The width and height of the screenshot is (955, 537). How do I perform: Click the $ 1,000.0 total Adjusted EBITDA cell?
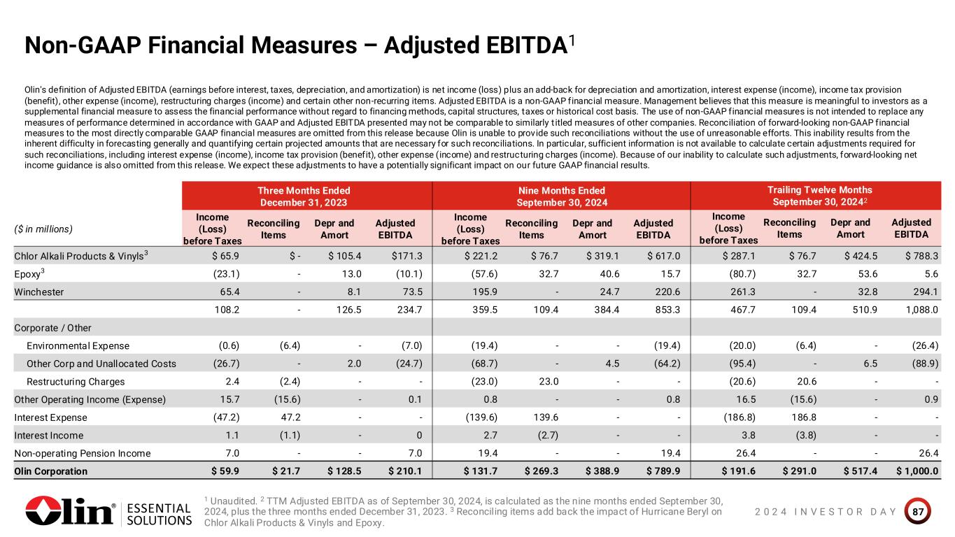tap(917, 471)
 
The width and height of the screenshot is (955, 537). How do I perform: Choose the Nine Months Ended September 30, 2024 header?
tap(561, 196)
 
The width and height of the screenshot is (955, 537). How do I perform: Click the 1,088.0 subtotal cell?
tap(918, 309)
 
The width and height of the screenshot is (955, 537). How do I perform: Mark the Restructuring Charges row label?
tap(76, 382)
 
